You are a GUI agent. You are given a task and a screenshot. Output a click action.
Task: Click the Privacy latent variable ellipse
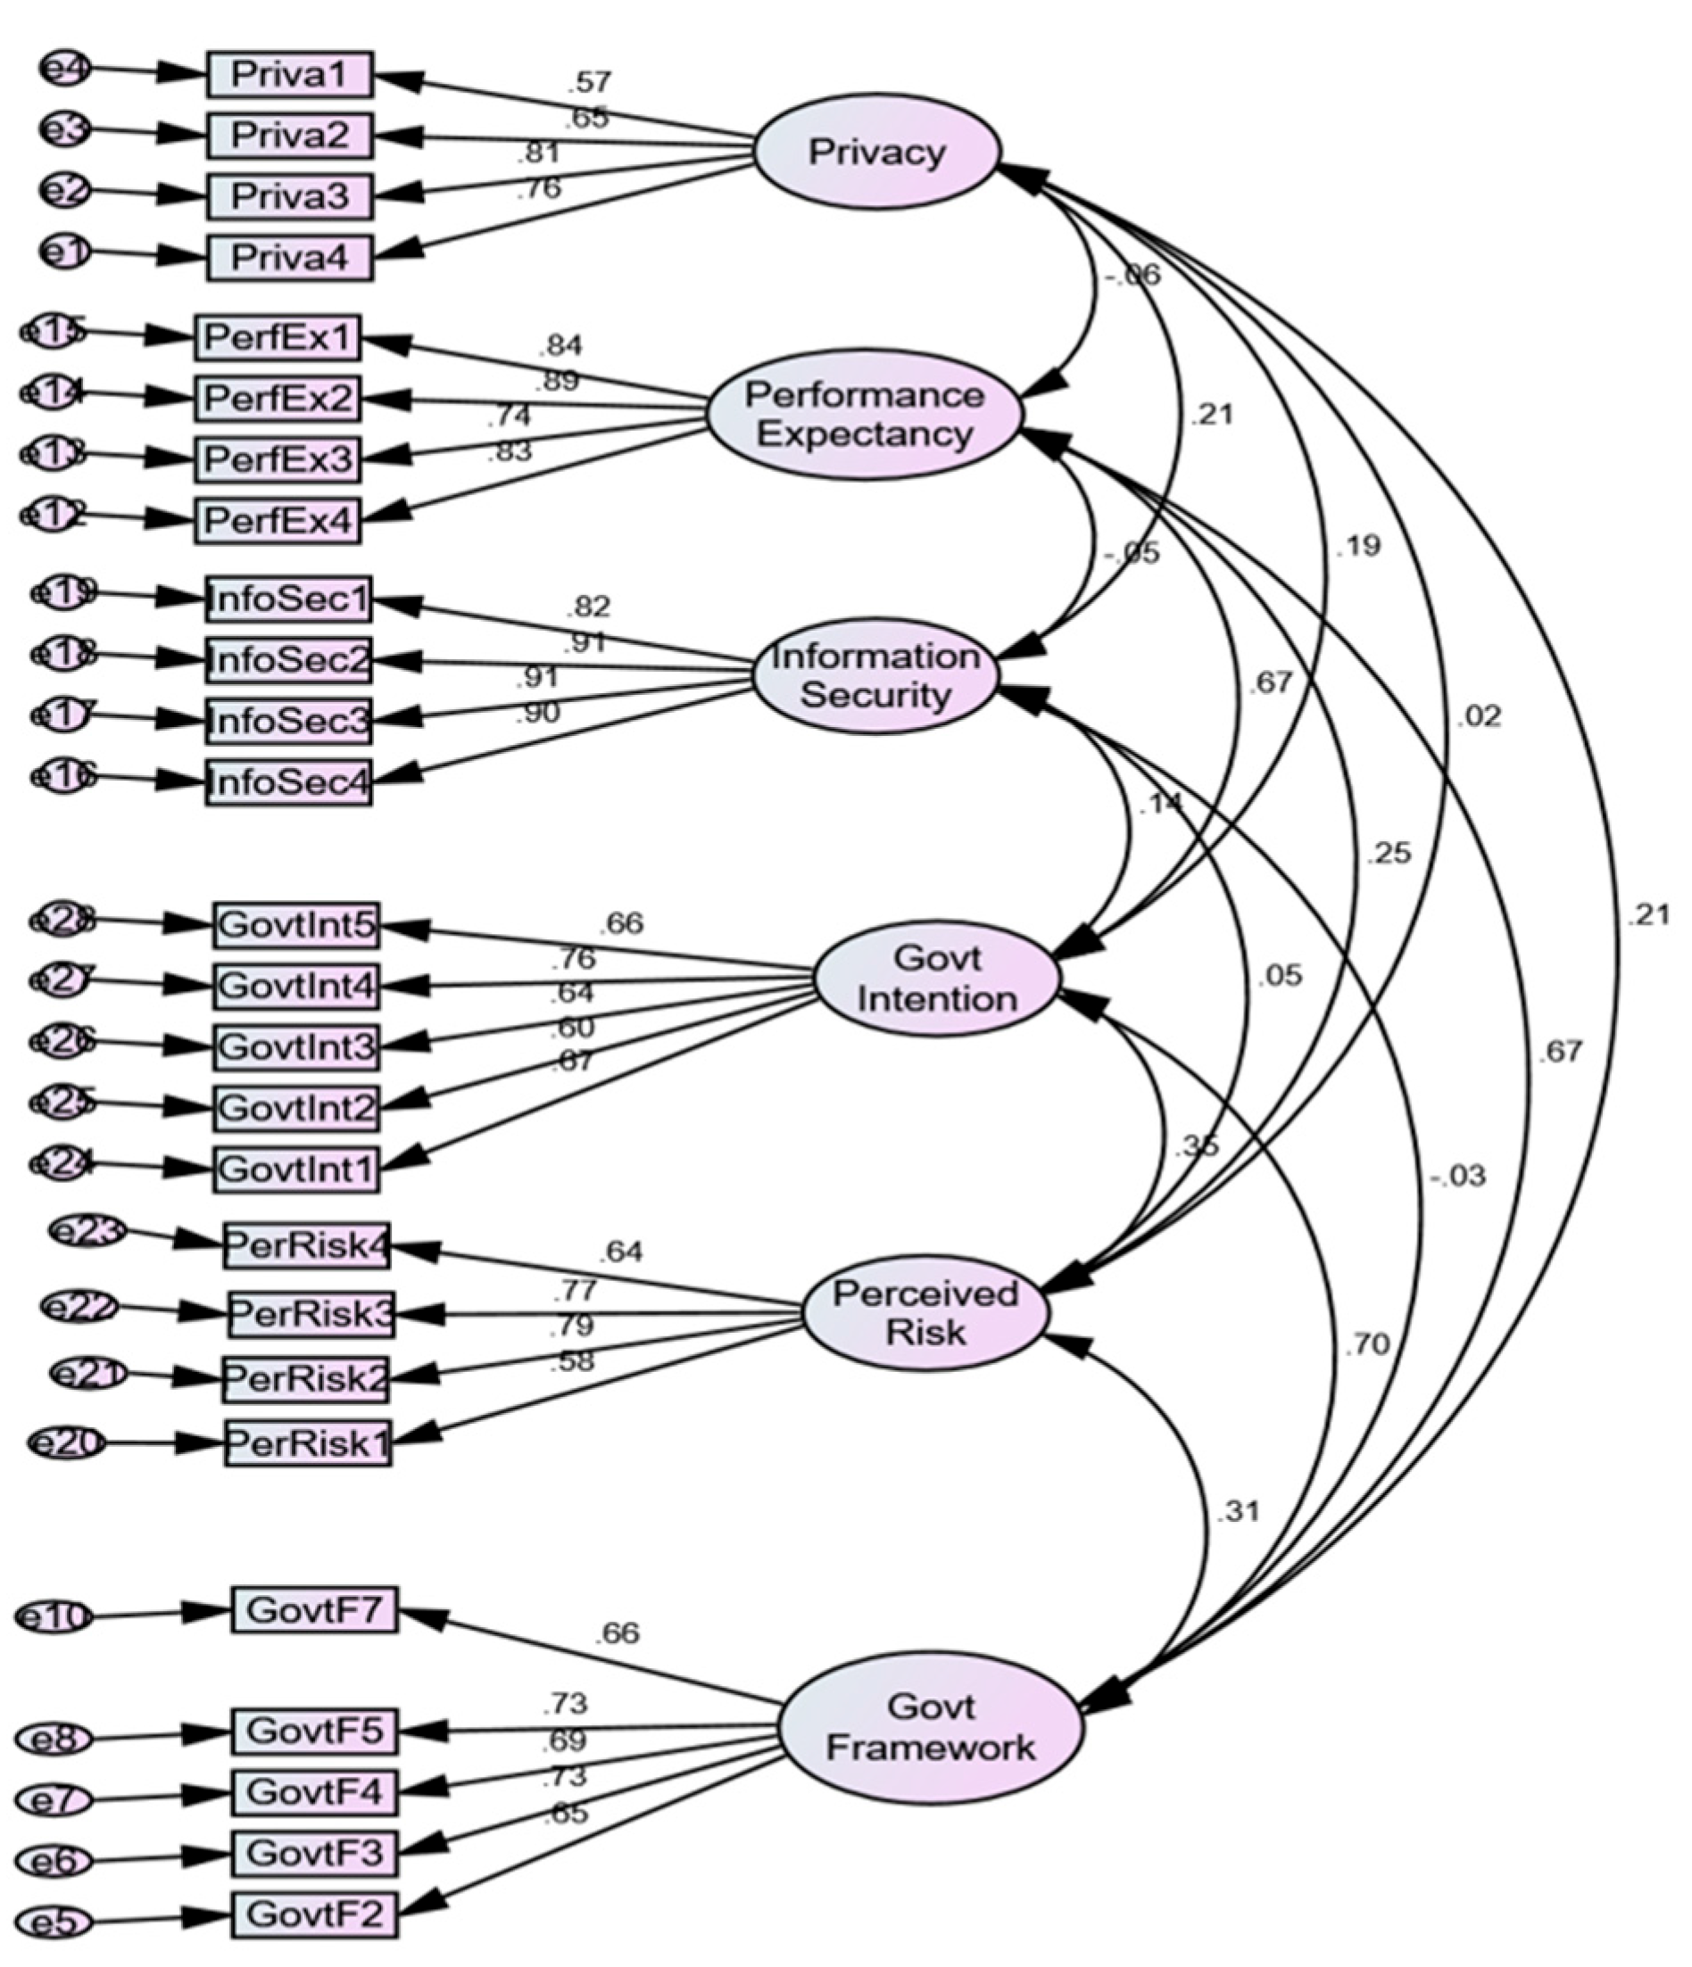click(875, 153)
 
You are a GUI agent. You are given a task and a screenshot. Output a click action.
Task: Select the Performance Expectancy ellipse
click(864, 414)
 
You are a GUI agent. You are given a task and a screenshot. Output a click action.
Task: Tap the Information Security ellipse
click(875, 675)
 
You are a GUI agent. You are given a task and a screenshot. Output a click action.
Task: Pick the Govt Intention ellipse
click(936, 979)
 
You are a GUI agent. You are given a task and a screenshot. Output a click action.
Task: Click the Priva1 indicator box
click(290, 75)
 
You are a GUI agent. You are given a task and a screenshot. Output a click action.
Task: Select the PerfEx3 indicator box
click(278, 460)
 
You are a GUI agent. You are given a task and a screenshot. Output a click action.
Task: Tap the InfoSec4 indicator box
click(288, 782)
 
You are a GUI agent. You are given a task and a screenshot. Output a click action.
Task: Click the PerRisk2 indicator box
click(307, 1378)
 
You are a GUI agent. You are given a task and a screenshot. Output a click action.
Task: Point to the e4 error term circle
click(64, 69)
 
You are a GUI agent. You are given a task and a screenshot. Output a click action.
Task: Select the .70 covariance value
click(1367, 1344)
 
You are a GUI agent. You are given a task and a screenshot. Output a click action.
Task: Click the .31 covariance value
click(1237, 1511)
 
